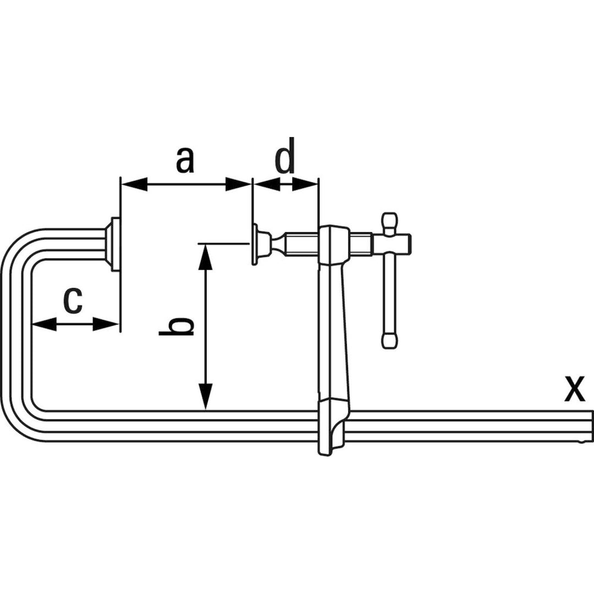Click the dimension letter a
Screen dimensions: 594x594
point(185,159)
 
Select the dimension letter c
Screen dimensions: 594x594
point(72,300)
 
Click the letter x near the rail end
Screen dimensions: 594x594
point(575,388)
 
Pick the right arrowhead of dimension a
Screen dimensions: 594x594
point(238,185)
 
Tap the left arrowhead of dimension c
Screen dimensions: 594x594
point(44,324)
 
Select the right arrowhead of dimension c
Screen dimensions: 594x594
point(107,324)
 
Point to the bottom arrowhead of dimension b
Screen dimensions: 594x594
point(205,396)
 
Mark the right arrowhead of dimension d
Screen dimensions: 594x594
point(305,185)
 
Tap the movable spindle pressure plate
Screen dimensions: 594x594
point(255,244)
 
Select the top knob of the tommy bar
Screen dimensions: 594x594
point(389,222)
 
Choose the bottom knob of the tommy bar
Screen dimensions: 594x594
point(389,340)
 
